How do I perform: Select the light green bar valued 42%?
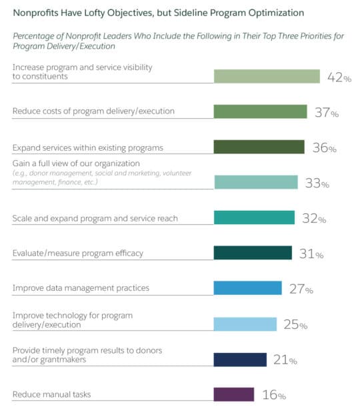(x=267, y=77)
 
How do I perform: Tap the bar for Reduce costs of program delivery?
(x=260, y=112)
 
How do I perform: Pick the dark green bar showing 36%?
(x=259, y=147)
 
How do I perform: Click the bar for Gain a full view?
(x=255, y=182)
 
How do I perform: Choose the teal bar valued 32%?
(x=254, y=218)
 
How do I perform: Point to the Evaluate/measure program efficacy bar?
(x=253, y=253)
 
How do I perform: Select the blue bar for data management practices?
(x=247, y=288)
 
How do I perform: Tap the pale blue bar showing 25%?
(x=245, y=324)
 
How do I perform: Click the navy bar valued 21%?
(x=240, y=360)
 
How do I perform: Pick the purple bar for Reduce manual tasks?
(x=233, y=394)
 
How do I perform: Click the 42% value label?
(x=339, y=77)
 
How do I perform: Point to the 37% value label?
(x=327, y=113)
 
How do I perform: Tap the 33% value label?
(x=317, y=183)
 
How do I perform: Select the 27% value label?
(x=300, y=289)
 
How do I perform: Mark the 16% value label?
(x=273, y=395)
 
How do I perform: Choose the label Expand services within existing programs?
(x=87, y=147)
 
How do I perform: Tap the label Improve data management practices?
(x=81, y=288)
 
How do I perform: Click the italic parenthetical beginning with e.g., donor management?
(x=102, y=177)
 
